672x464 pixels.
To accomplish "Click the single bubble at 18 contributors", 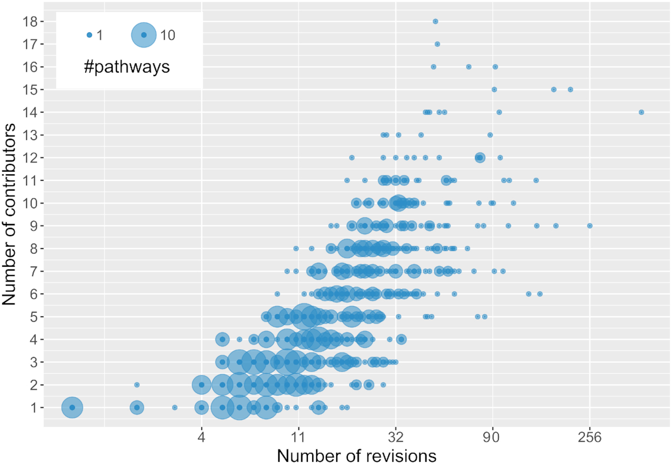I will pyautogui.click(x=435, y=21).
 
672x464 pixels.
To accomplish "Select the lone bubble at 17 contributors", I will pyautogui.click(x=437, y=44).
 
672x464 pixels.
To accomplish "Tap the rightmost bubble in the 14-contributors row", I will pyautogui.click(x=641, y=112).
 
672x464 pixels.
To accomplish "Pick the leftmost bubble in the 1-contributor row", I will pyautogui.click(x=72, y=407).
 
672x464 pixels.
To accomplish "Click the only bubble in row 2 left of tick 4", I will pyautogui.click(x=137, y=385).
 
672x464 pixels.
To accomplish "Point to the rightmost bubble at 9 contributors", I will pyautogui.click(x=589, y=225).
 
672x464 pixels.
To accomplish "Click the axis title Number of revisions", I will pyautogui.click(x=356, y=455).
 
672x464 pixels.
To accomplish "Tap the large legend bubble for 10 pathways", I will pyautogui.click(x=144, y=35).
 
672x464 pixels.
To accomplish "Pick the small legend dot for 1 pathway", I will pyautogui.click(x=89, y=35).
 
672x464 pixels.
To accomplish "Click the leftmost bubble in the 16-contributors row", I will pyautogui.click(x=433, y=67).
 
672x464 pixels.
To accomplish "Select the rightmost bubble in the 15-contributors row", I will pyautogui.click(x=570, y=89).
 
